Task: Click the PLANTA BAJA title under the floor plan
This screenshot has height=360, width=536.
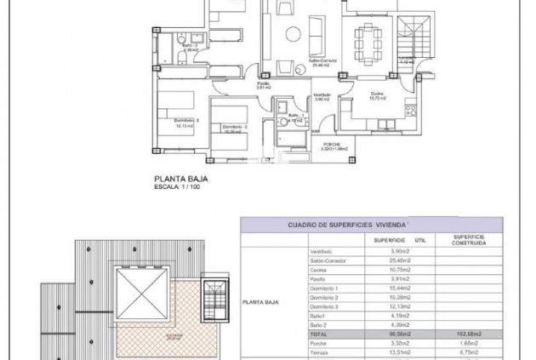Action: (x=180, y=180)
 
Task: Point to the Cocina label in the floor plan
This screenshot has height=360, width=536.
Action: (x=375, y=94)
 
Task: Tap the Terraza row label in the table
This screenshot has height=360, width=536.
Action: (x=318, y=352)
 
